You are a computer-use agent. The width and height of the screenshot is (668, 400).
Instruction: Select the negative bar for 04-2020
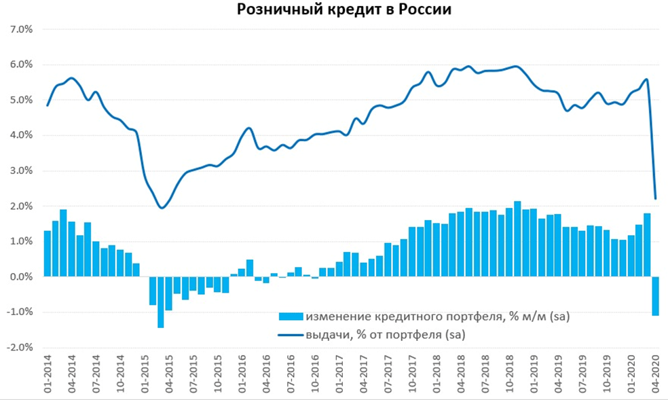click(x=656, y=296)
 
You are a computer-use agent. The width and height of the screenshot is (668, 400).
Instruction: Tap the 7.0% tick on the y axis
click(x=20, y=29)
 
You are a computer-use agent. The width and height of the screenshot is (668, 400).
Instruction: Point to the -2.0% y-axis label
click(x=18, y=347)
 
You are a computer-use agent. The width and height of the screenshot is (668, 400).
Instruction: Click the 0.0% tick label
click(x=20, y=276)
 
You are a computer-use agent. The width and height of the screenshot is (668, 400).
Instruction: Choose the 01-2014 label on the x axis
click(x=48, y=373)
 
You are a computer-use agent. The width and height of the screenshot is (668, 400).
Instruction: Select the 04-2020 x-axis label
click(x=656, y=373)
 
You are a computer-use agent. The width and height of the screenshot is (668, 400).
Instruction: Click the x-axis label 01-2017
click(x=339, y=373)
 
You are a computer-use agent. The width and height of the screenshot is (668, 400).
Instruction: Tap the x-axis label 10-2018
click(x=510, y=373)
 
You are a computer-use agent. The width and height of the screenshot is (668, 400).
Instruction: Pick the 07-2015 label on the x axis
click(x=193, y=373)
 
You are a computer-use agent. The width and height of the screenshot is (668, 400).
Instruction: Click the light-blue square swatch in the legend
click(x=290, y=316)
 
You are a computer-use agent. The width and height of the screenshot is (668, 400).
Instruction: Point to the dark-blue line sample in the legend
click(x=290, y=334)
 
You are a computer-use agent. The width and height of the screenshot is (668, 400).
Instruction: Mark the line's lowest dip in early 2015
click(x=162, y=207)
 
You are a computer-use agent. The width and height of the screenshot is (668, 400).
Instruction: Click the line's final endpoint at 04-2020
click(x=656, y=198)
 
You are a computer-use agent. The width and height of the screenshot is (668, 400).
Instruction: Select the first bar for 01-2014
click(x=48, y=253)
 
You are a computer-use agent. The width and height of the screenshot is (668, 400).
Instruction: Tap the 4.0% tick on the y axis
click(x=20, y=135)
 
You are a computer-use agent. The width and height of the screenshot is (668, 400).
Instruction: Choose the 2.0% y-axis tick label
click(x=20, y=206)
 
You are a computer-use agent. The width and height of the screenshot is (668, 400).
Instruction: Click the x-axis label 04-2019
click(x=559, y=373)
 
